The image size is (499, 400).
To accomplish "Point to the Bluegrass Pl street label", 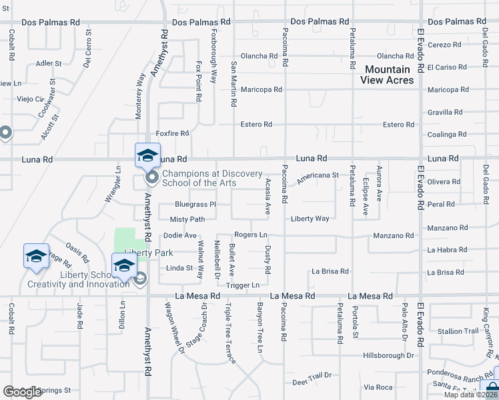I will click(x=195, y=204).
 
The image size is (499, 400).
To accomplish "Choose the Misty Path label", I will click(x=187, y=219).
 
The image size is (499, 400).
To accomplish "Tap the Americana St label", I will click(x=318, y=175).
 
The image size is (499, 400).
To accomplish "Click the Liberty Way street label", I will click(x=310, y=219).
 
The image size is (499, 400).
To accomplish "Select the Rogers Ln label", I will click(x=251, y=235).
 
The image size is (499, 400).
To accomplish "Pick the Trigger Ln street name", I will click(x=243, y=285).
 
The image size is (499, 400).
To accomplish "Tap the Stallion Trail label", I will click(x=458, y=331).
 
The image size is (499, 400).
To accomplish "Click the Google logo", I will click(x=22, y=392).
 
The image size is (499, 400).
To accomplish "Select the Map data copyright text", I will click(x=471, y=395).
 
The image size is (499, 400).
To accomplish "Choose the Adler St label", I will click(x=49, y=64).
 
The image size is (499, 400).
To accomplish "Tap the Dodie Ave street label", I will click(x=180, y=235).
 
